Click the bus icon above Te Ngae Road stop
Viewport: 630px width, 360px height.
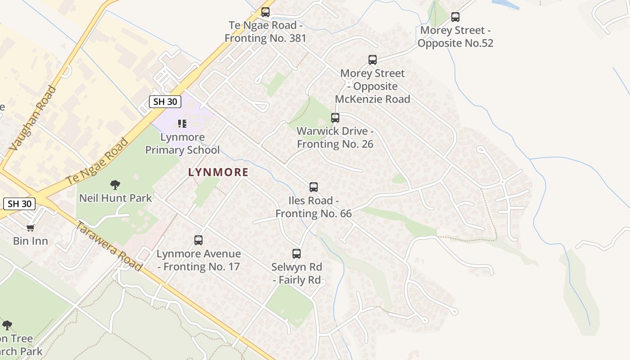pos(265,12)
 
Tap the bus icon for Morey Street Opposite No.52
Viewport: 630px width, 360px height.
pos(455,18)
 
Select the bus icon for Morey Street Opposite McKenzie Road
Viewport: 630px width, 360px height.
pos(373,60)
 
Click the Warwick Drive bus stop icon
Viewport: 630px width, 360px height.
pos(335,118)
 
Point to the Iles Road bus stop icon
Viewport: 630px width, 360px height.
pos(314,187)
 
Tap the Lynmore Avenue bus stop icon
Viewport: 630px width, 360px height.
pos(198,240)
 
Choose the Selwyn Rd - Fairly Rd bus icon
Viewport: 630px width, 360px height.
pos(297,254)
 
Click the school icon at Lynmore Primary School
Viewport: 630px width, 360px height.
pos(182,123)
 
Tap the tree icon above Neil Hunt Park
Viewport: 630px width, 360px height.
pos(115,184)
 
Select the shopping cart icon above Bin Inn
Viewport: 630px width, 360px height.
pos(30,228)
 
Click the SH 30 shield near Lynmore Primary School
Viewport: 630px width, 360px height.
pos(165,102)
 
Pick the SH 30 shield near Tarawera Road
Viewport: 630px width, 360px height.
pos(20,204)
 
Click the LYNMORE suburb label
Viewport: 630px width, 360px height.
pos(218,172)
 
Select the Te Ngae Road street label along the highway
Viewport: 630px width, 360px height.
pos(97,161)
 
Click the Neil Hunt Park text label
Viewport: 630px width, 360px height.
pos(116,198)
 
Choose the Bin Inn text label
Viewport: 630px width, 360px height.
pos(31,241)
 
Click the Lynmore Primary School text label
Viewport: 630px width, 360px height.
pos(182,144)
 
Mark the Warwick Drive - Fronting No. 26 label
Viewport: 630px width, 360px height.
pos(335,138)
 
